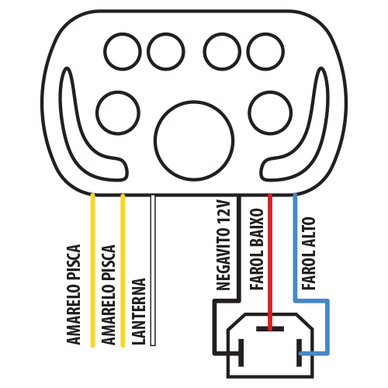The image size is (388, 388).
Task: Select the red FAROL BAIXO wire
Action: [x=270, y=262]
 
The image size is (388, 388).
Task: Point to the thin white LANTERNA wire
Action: [x=153, y=270]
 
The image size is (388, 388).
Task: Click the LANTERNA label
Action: [x=138, y=311]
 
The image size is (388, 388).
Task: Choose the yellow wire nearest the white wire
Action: [x=123, y=270]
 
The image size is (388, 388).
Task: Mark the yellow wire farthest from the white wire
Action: [x=92, y=270]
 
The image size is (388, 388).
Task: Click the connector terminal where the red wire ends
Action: [x=270, y=329]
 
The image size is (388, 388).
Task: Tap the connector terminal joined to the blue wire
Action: [x=299, y=352]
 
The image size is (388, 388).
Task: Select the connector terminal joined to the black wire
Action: [x=241, y=352]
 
